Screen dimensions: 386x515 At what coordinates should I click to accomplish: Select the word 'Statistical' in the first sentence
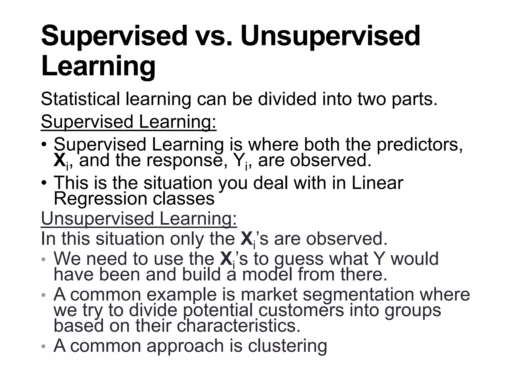tap(80, 99)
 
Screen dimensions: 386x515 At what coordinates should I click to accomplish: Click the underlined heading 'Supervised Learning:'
tap(128, 122)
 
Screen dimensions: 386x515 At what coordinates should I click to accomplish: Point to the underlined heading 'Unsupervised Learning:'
tap(139, 219)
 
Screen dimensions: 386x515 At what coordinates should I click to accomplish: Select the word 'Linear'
tap(377, 183)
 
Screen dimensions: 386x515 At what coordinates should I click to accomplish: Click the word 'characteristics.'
tap(239, 326)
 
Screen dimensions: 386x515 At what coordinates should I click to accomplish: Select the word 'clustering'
tap(287, 346)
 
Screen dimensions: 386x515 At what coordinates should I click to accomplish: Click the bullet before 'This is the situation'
tap(44, 183)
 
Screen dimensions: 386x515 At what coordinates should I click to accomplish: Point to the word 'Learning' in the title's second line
tap(98, 66)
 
